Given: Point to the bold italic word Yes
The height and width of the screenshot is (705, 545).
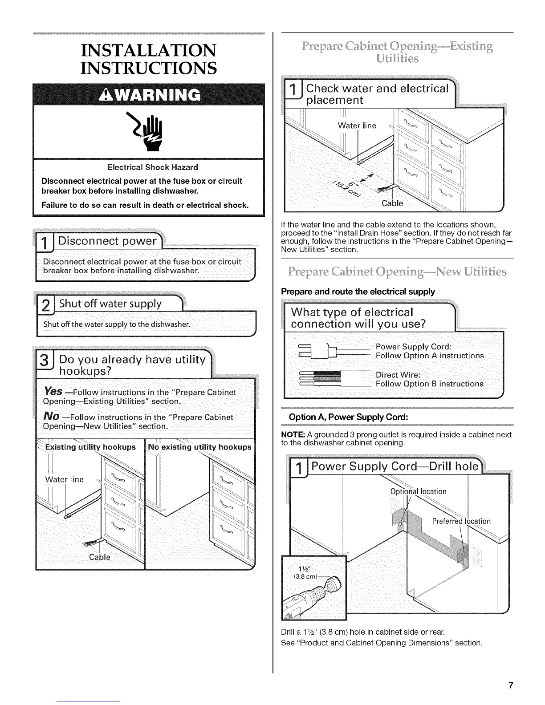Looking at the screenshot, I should (53, 391).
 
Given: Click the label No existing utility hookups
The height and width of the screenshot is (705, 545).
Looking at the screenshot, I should (199, 447).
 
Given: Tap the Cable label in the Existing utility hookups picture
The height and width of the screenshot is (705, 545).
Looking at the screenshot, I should (100, 557).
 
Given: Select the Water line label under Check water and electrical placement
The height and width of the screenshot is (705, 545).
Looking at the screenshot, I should (357, 126).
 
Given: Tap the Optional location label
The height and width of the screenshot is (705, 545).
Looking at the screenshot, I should (418, 491).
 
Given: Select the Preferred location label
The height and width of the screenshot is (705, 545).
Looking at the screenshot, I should (461, 521).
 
